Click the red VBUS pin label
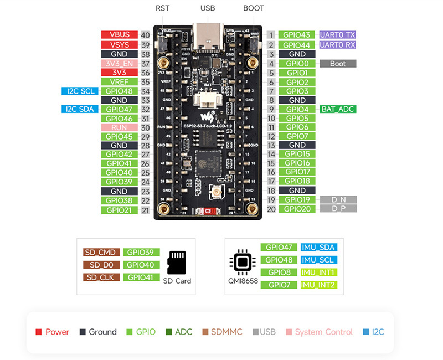pos(120,34)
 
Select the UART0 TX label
pos(337,34)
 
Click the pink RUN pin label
pos(120,127)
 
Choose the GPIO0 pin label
pos(297,64)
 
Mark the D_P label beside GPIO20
pos(338,209)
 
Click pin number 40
pos(146,34)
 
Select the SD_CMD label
pos(101,253)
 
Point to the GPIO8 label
pos(279,272)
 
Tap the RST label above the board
pos(163,8)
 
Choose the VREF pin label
pos(120,82)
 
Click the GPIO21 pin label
pos(120,210)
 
